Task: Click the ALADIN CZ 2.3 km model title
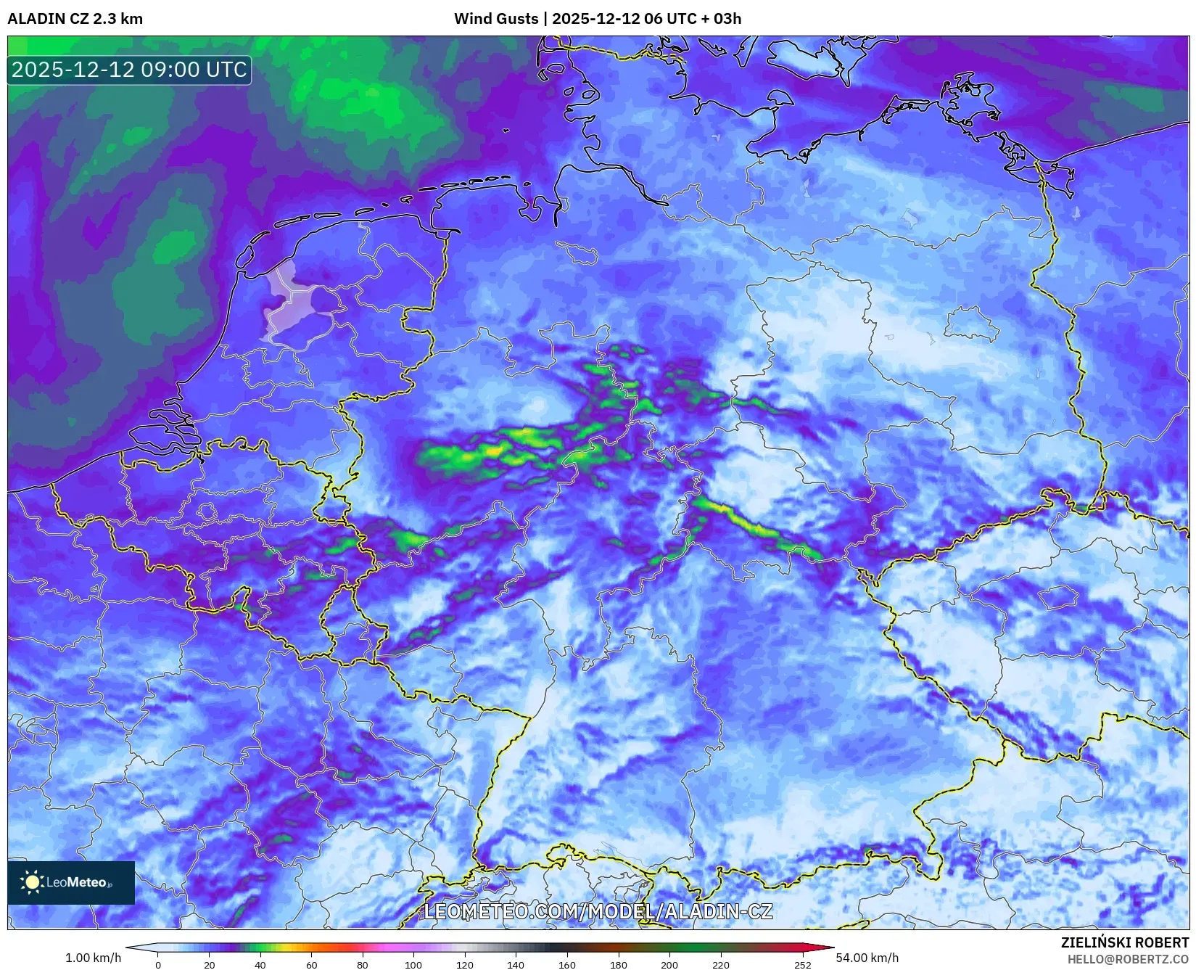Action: point(75,19)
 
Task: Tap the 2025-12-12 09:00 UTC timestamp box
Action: point(129,70)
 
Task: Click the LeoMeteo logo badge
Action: point(71,882)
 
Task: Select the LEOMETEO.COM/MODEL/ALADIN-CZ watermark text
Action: point(598,911)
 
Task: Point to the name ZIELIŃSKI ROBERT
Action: point(1125,943)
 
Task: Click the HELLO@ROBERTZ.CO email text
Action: point(1128,959)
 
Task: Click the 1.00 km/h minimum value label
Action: point(93,958)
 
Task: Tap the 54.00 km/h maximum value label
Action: point(867,958)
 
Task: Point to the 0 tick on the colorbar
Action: point(158,965)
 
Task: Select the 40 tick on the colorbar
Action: point(260,965)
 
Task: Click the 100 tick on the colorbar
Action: point(413,965)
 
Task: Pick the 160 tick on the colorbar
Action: point(567,965)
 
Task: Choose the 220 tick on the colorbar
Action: point(721,965)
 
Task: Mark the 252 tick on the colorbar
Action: point(802,965)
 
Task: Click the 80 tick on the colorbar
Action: point(363,965)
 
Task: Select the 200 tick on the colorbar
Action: point(669,965)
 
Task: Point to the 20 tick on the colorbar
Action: point(210,965)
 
